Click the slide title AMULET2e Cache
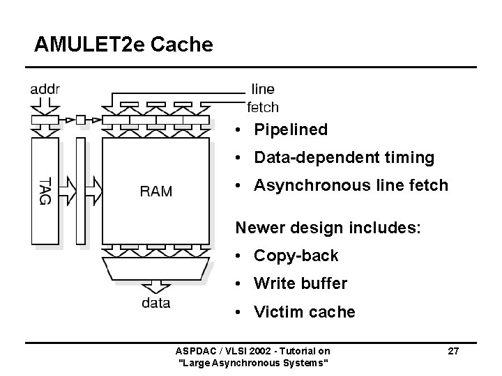[x=123, y=45]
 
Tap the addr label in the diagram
[x=45, y=90]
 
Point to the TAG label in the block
[x=45, y=190]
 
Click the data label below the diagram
[x=155, y=303]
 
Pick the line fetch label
[x=263, y=98]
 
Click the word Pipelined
[x=291, y=130]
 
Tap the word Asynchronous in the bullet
[x=309, y=186]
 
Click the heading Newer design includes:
[x=328, y=227]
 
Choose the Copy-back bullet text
[x=296, y=256]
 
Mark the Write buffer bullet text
[x=301, y=284]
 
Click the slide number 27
[x=453, y=351]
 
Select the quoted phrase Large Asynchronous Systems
[x=254, y=363]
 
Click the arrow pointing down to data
[x=155, y=286]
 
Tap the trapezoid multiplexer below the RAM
[x=155, y=268]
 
